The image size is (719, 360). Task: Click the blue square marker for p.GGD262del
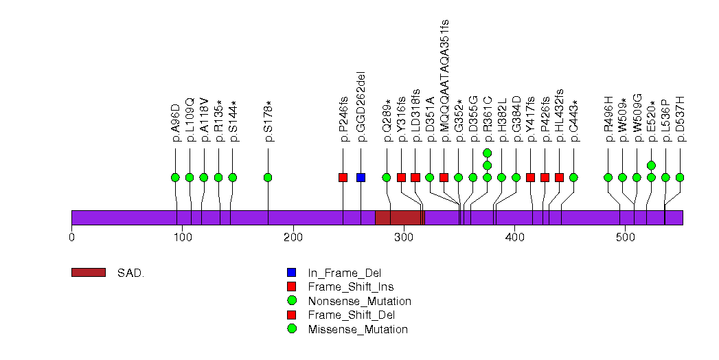(x=361, y=177)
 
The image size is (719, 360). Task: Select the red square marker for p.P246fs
(x=343, y=177)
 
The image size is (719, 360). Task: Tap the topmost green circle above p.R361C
(x=488, y=153)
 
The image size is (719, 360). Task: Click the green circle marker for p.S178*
(x=269, y=177)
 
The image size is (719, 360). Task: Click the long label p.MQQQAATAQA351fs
(x=444, y=80)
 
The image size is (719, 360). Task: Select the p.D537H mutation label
(x=680, y=119)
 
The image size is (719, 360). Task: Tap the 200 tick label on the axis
(x=293, y=238)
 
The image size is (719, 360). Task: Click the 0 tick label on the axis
(x=71, y=238)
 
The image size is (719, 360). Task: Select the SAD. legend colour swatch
(x=89, y=273)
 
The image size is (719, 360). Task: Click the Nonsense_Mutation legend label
(x=360, y=302)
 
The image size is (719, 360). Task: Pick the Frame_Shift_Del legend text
(x=351, y=315)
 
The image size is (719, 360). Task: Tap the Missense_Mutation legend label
(x=358, y=329)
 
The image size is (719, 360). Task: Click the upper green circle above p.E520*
(x=651, y=165)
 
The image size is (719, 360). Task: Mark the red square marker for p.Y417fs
(x=531, y=177)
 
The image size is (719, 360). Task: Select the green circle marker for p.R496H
(x=608, y=177)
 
